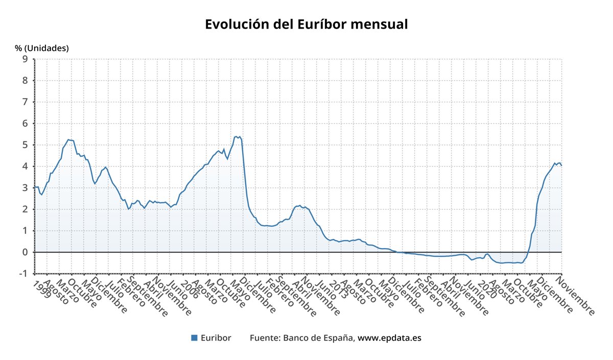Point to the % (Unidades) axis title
pyautogui.click(x=41, y=49)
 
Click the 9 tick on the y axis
pyautogui.click(x=25, y=59)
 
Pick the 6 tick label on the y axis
pyautogui.click(x=25, y=124)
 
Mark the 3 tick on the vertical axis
pyautogui.click(x=25, y=188)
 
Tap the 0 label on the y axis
pyautogui.click(x=25, y=252)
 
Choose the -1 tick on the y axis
pyautogui.click(x=23, y=274)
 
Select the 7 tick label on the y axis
pyautogui.click(x=25, y=102)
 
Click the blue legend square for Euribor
pyautogui.click(x=194, y=338)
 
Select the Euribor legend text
pyautogui.click(x=216, y=338)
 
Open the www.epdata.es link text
pyautogui.click(x=389, y=338)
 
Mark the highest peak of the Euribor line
pyautogui.click(x=235, y=136)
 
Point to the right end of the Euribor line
pyautogui.click(x=561, y=165)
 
